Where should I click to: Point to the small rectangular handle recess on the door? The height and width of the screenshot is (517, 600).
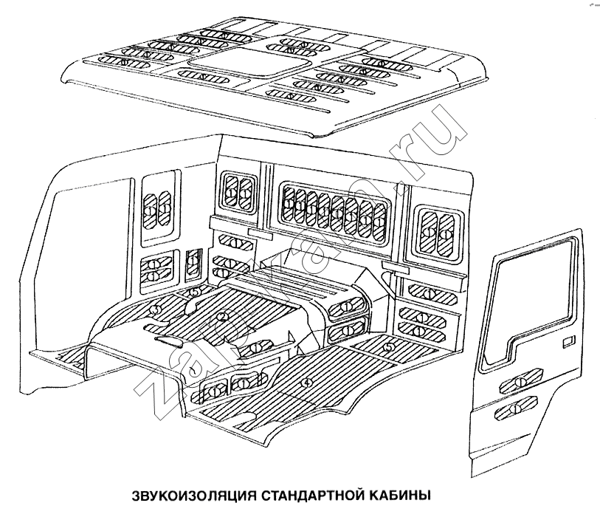567,342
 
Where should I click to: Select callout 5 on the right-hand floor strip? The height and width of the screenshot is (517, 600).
389,343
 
